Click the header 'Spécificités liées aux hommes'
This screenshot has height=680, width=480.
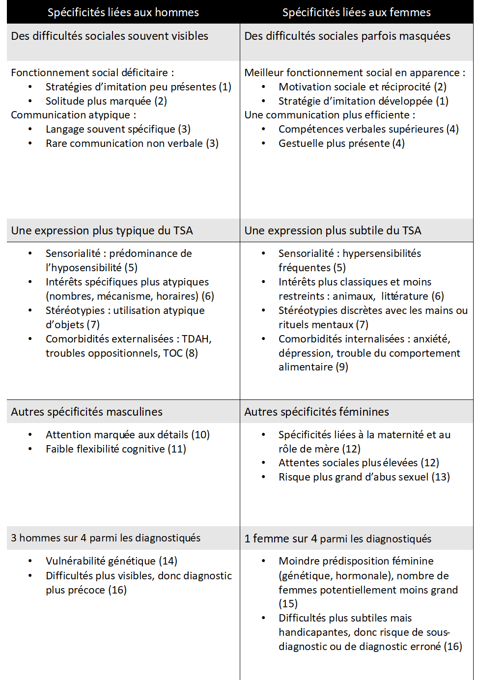(123, 12)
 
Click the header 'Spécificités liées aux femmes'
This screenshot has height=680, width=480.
(356, 12)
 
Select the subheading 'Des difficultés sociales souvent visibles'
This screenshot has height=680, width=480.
(110, 36)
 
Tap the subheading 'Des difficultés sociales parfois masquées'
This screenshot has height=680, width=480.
(347, 36)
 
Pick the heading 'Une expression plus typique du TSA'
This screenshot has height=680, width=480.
(102, 230)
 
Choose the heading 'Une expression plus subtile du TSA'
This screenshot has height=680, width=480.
(333, 230)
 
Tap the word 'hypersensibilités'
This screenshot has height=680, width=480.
(382, 254)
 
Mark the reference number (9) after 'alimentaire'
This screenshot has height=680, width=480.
(342, 367)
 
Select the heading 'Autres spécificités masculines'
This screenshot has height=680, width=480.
(86, 412)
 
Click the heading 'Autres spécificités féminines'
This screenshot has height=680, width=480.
(316, 412)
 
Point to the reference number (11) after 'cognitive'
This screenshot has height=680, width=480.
(177, 449)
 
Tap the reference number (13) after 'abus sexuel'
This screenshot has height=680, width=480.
(440, 477)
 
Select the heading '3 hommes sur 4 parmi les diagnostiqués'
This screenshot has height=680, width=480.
(106, 538)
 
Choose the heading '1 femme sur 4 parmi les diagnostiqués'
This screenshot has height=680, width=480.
(338, 539)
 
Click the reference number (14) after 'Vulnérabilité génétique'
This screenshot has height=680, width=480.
(168, 561)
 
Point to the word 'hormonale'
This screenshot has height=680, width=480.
(368, 576)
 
